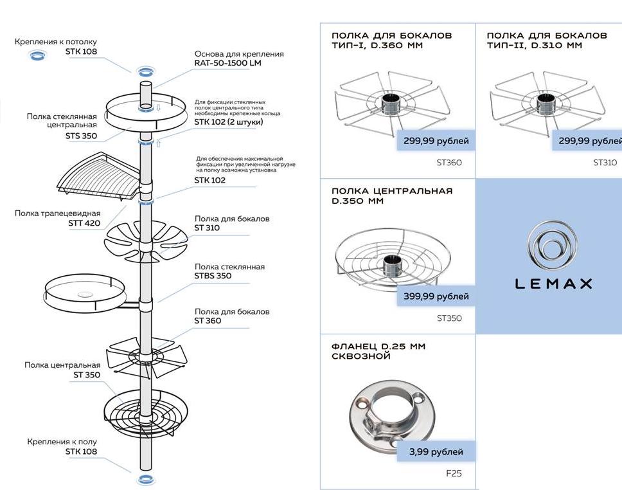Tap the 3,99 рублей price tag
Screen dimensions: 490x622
click(436, 451)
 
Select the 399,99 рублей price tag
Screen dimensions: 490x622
click(435, 296)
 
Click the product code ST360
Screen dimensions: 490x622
click(449, 163)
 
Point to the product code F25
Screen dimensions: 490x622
click(454, 474)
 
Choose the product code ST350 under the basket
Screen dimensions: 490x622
click(449, 318)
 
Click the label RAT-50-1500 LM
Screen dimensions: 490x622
click(227, 63)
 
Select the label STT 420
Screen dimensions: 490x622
click(84, 223)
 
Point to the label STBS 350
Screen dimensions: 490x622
click(213, 276)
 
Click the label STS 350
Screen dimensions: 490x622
click(80, 136)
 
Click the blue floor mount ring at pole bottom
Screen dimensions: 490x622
click(146, 478)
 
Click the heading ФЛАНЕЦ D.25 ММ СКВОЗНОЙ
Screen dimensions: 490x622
click(378, 351)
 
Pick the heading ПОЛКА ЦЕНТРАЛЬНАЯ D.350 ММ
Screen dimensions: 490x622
click(391, 195)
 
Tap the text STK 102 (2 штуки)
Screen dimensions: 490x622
click(228, 122)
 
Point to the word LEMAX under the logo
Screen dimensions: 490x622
click(553, 284)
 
